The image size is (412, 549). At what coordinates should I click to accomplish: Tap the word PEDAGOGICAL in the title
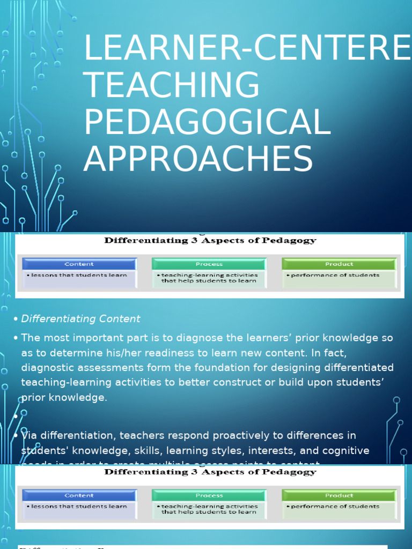(207, 122)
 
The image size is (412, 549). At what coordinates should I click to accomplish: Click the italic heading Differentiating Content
(80, 319)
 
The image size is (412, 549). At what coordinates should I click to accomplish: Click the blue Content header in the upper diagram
(79, 264)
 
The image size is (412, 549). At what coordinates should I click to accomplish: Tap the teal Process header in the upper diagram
(209, 264)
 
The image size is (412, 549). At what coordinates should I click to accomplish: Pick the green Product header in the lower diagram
(339, 495)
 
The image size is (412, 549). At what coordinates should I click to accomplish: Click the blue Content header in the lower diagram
(79, 495)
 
